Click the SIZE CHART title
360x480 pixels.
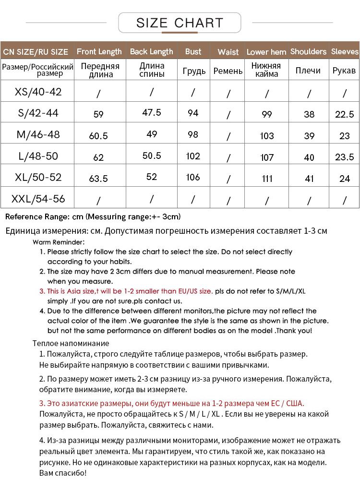pyautogui.click(x=180, y=23)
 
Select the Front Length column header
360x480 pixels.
pyautogui.click(x=99, y=51)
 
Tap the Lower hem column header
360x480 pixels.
pyautogui.click(x=266, y=52)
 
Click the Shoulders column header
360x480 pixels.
pyautogui.click(x=308, y=51)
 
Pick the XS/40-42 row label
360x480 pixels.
pyautogui.click(x=38, y=92)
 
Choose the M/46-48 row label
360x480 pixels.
pyautogui.click(x=38, y=134)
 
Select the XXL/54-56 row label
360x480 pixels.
pyautogui.click(x=38, y=198)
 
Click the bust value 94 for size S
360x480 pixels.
pyautogui.click(x=193, y=113)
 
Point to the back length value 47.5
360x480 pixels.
pyautogui.click(x=152, y=112)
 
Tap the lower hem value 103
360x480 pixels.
pyautogui.click(x=267, y=136)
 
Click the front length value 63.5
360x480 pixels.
pyautogui.click(x=98, y=179)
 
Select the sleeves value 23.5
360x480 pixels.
pyautogui.click(x=344, y=157)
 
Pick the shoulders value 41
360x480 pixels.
pyautogui.click(x=309, y=179)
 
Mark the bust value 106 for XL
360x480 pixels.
pyautogui.click(x=193, y=177)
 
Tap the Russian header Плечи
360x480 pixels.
pyautogui.click(x=308, y=71)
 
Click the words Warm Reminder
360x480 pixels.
pyautogui.click(x=59, y=242)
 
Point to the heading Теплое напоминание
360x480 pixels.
pyautogui.click(x=71, y=343)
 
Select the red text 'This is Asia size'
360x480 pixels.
pyautogui.click(x=77, y=291)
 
